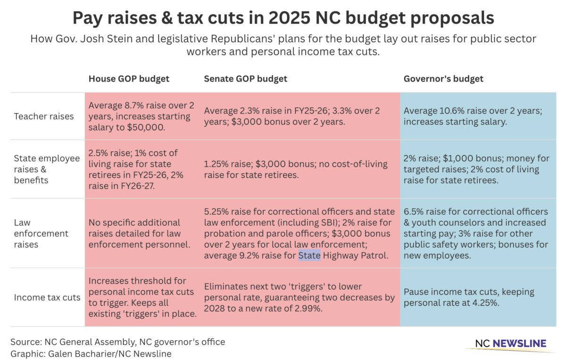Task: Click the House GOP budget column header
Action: [129, 79]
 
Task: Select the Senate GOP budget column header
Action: [245, 79]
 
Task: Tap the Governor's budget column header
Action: [443, 79]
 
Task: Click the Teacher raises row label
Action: [44, 116]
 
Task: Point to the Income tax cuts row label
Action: [47, 297]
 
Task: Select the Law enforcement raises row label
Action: [41, 234]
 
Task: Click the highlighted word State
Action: [309, 256]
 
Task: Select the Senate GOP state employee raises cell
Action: [296, 169]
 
